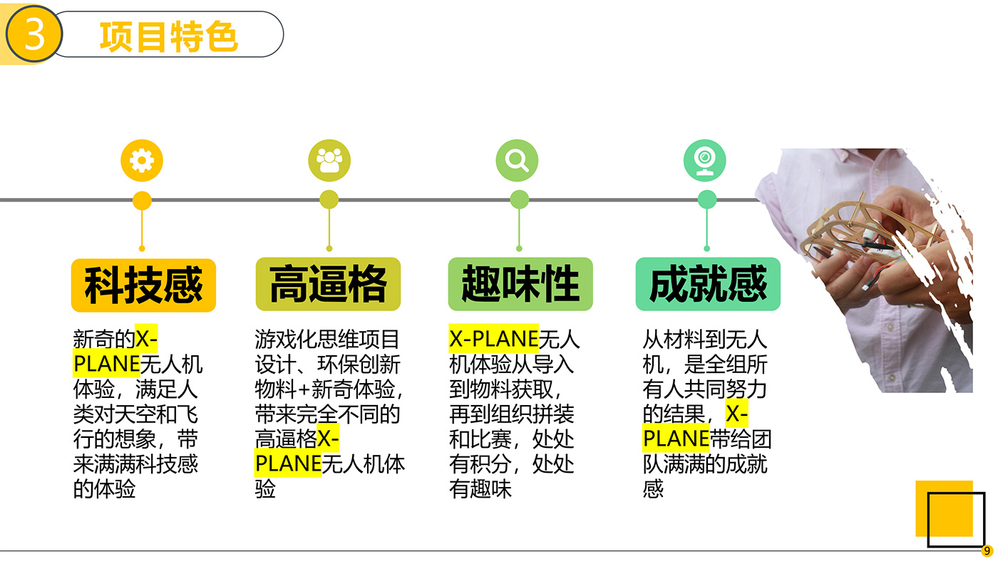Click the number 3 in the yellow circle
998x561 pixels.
pyautogui.click(x=34, y=34)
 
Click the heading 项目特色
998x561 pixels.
pyautogui.click(x=169, y=36)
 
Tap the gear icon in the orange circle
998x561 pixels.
pyautogui.click(x=142, y=160)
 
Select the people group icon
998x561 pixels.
pyautogui.click(x=329, y=160)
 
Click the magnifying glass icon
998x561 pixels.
pyautogui.click(x=517, y=160)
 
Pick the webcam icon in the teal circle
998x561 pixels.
pyautogui.click(x=705, y=161)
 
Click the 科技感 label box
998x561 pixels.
pyautogui.click(x=143, y=285)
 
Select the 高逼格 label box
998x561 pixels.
pyautogui.click(x=328, y=284)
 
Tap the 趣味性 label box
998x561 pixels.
pyautogui.click(x=520, y=284)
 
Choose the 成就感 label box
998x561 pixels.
pyautogui.click(x=708, y=284)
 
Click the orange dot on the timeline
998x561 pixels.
pyautogui.click(x=142, y=200)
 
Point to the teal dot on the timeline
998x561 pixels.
pyautogui.click(x=707, y=200)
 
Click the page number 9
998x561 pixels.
pyautogui.click(x=987, y=551)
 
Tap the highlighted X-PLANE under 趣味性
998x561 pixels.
pyautogui.click(x=493, y=339)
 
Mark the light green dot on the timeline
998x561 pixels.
pyautogui.click(x=520, y=200)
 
